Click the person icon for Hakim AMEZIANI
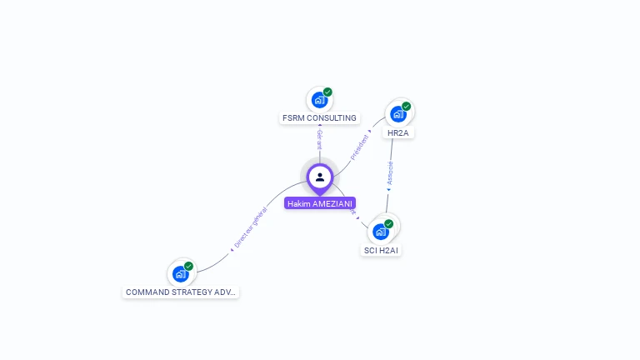(320, 177)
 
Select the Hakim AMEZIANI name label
(320, 203)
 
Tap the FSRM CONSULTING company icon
(318, 100)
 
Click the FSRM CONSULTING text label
(319, 118)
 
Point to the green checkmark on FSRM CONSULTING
(327, 92)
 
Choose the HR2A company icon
(397, 114)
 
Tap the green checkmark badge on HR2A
(407, 106)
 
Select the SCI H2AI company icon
(381, 232)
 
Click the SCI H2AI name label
(382, 251)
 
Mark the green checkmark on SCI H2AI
(389, 223)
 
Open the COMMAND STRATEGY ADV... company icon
(180, 273)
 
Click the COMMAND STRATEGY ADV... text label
(181, 292)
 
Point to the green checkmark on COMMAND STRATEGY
(189, 266)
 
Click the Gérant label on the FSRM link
(319, 139)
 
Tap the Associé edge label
(390, 172)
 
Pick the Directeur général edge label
(251, 227)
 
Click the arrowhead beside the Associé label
(387, 190)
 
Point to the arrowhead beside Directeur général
(232, 249)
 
